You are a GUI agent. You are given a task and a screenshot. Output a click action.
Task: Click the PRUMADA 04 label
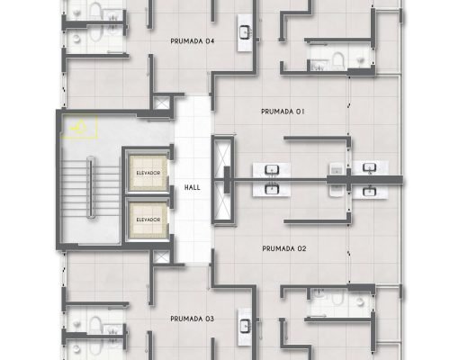pyautogui.click(x=192, y=41)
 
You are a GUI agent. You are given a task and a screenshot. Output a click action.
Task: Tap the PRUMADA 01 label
pyautogui.click(x=283, y=112)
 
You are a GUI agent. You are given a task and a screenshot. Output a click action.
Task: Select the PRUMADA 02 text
pyautogui.click(x=284, y=248)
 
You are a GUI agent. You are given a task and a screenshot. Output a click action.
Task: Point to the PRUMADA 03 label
pyautogui.click(x=192, y=319)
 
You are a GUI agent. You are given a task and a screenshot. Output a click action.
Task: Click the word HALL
pyautogui.click(x=192, y=187)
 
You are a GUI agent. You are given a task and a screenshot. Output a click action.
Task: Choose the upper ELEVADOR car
pyautogui.click(x=148, y=173)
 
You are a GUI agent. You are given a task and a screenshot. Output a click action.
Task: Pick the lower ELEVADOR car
pyautogui.click(x=148, y=220)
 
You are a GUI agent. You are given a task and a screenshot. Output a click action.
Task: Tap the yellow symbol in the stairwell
pyautogui.click(x=79, y=128)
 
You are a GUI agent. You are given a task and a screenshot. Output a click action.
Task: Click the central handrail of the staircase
pyautogui.click(x=91, y=186)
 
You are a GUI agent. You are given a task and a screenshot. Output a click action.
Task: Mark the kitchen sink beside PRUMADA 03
pyautogui.click(x=245, y=326)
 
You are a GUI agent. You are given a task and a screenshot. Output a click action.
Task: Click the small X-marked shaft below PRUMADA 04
pyautogui.click(x=161, y=103)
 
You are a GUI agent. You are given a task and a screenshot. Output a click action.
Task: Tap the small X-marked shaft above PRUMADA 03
pyautogui.click(x=161, y=257)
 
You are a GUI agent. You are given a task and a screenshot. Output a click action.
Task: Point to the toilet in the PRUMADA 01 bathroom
pyautogui.click(x=338, y=60)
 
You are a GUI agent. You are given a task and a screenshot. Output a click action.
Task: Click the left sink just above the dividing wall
pyautogui.click(x=272, y=170)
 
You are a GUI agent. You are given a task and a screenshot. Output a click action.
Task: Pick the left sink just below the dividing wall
pyautogui.click(x=272, y=190)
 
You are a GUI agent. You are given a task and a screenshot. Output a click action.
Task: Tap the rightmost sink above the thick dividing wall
pyautogui.click(x=370, y=167)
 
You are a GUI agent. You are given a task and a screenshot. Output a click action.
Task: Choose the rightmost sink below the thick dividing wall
pyautogui.click(x=370, y=191)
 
